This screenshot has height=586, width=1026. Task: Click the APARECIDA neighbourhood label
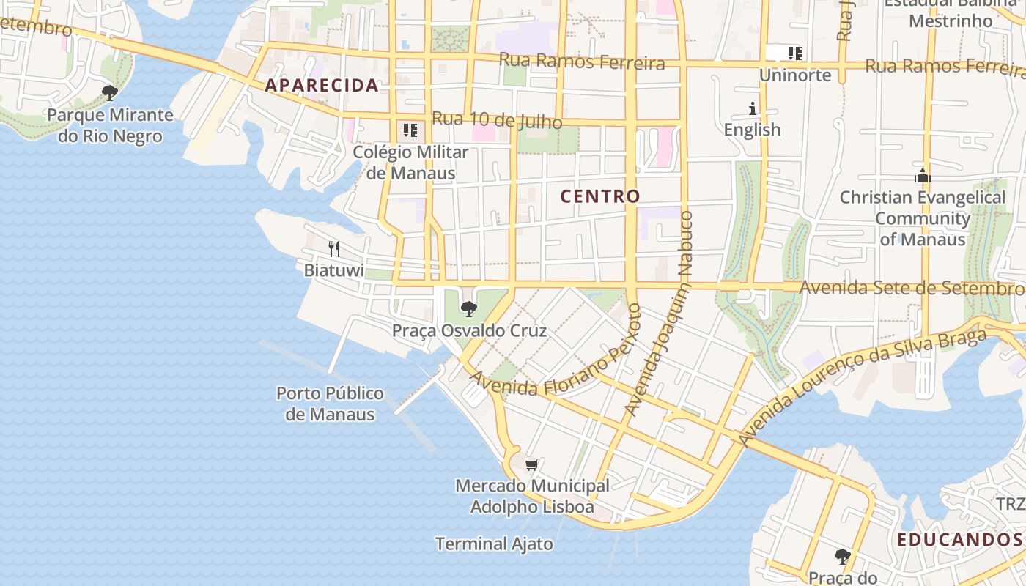click(x=322, y=86)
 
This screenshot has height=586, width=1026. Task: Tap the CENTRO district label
click(x=600, y=196)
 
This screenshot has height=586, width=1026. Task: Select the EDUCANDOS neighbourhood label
click(x=959, y=541)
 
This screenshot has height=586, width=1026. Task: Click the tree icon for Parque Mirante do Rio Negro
click(x=110, y=93)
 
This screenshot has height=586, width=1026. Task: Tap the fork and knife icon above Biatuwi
click(x=334, y=249)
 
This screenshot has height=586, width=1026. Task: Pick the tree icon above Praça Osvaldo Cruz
click(x=469, y=309)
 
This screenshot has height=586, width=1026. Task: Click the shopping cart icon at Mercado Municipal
click(x=532, y=464)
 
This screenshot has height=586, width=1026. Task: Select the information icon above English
click(x=752, y=109)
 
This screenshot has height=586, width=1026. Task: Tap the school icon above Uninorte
click(x=795, y=53)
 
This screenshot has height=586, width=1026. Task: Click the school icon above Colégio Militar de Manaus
click(x=410, y=130)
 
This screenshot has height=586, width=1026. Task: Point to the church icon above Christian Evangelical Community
click(x=922, y=176)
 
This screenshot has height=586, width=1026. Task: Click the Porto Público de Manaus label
click(x=330, y=404)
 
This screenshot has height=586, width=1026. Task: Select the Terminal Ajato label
click(x=494, y=544)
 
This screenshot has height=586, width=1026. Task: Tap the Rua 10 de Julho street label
click(x=496, y=120)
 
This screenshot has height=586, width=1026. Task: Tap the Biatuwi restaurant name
click(x=334, y=270)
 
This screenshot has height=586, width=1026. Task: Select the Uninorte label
click(x=795, y=75)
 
